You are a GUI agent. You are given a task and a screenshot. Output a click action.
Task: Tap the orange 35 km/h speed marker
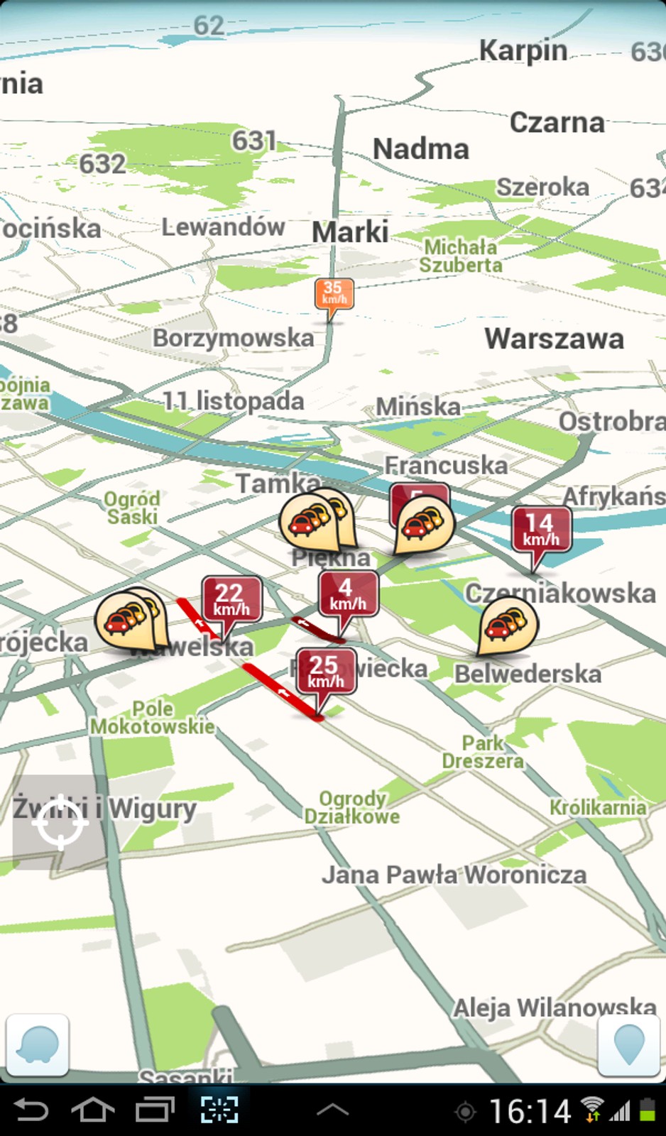coord(333,293)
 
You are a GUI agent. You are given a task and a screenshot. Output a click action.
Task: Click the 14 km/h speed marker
coord(540,530)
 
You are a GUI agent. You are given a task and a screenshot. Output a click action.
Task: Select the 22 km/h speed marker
coord(231,599)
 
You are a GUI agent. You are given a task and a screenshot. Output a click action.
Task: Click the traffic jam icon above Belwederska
coord(507,625)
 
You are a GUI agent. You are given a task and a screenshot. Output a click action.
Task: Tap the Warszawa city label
coord(554,339)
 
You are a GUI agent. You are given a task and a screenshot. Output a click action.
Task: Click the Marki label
coord(350,232)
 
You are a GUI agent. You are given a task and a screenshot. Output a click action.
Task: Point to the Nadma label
coord(421,149)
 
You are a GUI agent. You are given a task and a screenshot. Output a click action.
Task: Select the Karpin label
coord(523,51)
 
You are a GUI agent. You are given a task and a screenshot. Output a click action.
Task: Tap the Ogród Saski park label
coord(132,508)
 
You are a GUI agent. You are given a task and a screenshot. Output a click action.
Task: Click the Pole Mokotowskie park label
coord(152,717)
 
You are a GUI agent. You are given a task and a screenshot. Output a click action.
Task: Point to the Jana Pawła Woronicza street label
coord(454,875)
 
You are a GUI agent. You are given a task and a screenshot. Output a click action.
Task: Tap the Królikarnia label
coord(598,807)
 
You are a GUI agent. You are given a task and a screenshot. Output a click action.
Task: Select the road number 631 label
coord(253,141)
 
